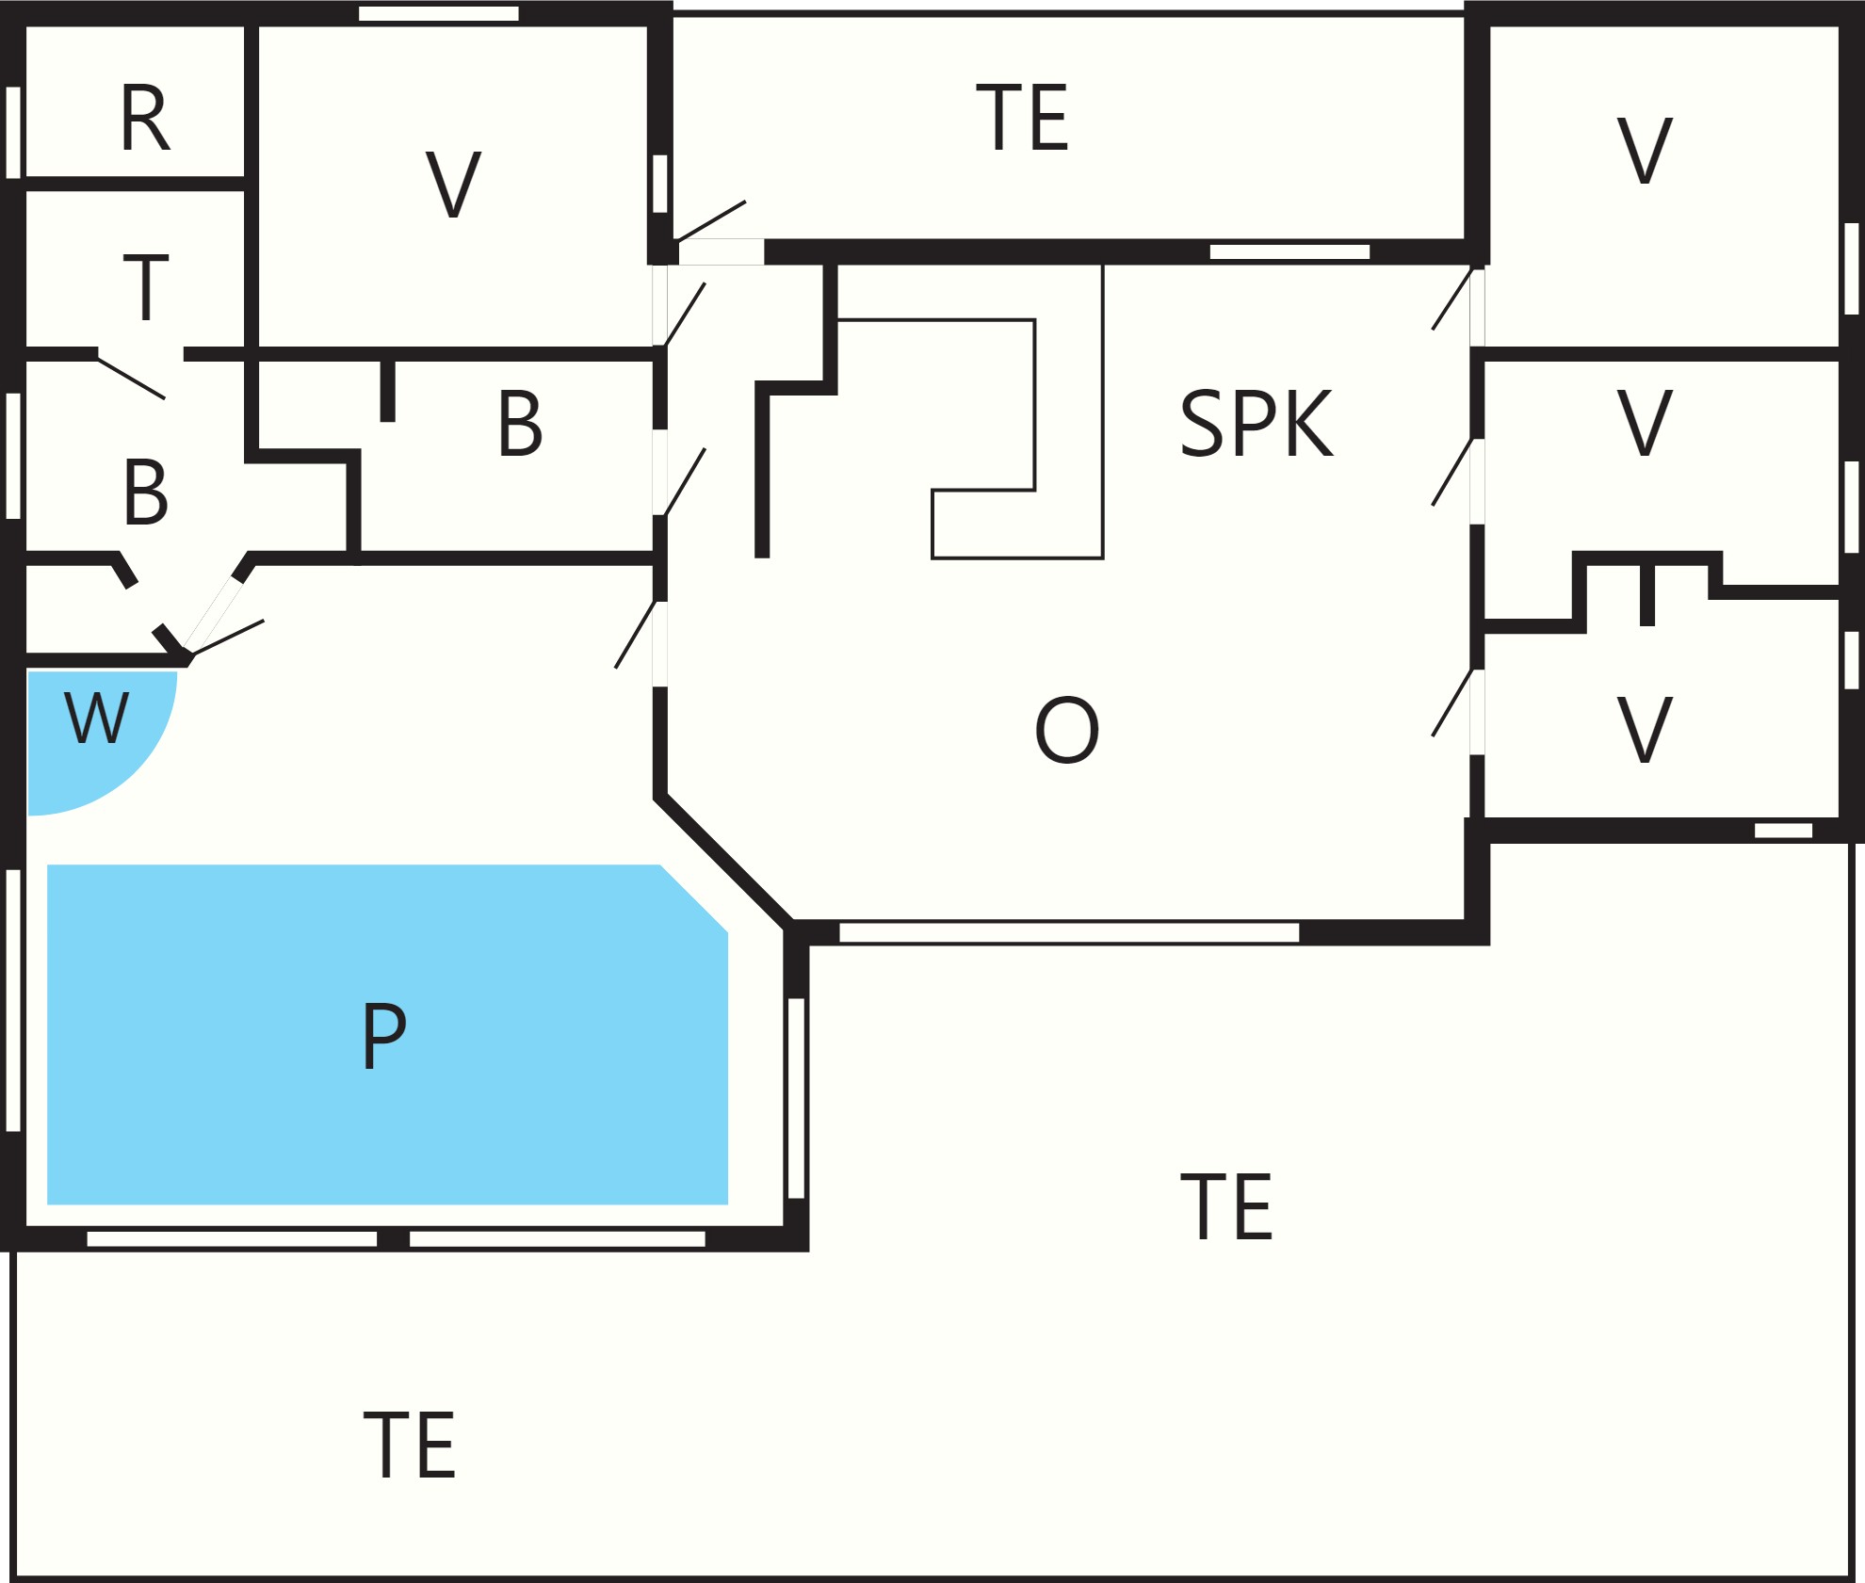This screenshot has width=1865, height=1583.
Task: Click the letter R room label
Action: [145, 118]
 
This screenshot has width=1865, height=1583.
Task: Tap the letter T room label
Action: [146, 286]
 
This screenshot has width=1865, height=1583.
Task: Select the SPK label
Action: [1257, 424]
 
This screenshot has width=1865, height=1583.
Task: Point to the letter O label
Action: [1066, 730]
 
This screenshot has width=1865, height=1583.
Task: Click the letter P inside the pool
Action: [384, 1035]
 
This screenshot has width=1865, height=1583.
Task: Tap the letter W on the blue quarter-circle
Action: [96, 718]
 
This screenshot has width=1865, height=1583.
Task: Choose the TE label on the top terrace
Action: [1022, 118]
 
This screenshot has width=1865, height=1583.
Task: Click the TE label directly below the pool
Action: [410, 1445]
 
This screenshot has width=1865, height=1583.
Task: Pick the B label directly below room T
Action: [146, 492]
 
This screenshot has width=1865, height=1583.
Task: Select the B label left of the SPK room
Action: [520, 424]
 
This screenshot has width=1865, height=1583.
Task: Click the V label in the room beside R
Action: [454, 185]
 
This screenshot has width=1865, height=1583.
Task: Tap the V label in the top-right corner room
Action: [1645, 151]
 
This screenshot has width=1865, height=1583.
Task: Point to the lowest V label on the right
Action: [1645, 730]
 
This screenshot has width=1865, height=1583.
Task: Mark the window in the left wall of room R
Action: [13, 132]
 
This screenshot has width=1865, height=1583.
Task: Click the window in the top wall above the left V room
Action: [439, 13]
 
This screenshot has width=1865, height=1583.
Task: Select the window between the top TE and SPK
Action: [1289, 251]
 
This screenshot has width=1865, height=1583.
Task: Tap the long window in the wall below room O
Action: [1069, 932]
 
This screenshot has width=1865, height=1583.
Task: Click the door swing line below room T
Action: [132, 378]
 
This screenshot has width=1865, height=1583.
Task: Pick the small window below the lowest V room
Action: [1783, 831]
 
